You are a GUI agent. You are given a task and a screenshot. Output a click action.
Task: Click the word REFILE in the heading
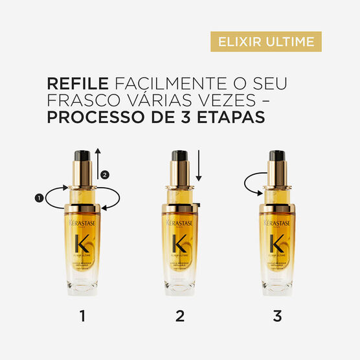pos(77,85)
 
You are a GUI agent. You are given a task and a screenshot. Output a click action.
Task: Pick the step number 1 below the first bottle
pos(82,316)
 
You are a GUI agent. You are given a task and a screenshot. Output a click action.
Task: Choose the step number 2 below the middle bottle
pos(180,316)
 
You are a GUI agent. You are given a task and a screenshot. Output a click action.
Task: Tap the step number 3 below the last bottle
pos(277,316)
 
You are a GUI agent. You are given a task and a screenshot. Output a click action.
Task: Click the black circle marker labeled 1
pos(39,198)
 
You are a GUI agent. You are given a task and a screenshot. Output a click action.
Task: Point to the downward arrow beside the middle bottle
pos(199,166)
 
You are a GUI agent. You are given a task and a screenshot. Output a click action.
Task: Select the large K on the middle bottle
pos(180,245)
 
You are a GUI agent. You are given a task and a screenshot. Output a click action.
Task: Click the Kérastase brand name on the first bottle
pos(82,223)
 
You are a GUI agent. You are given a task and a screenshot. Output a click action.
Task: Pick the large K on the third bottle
pos(277,245)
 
